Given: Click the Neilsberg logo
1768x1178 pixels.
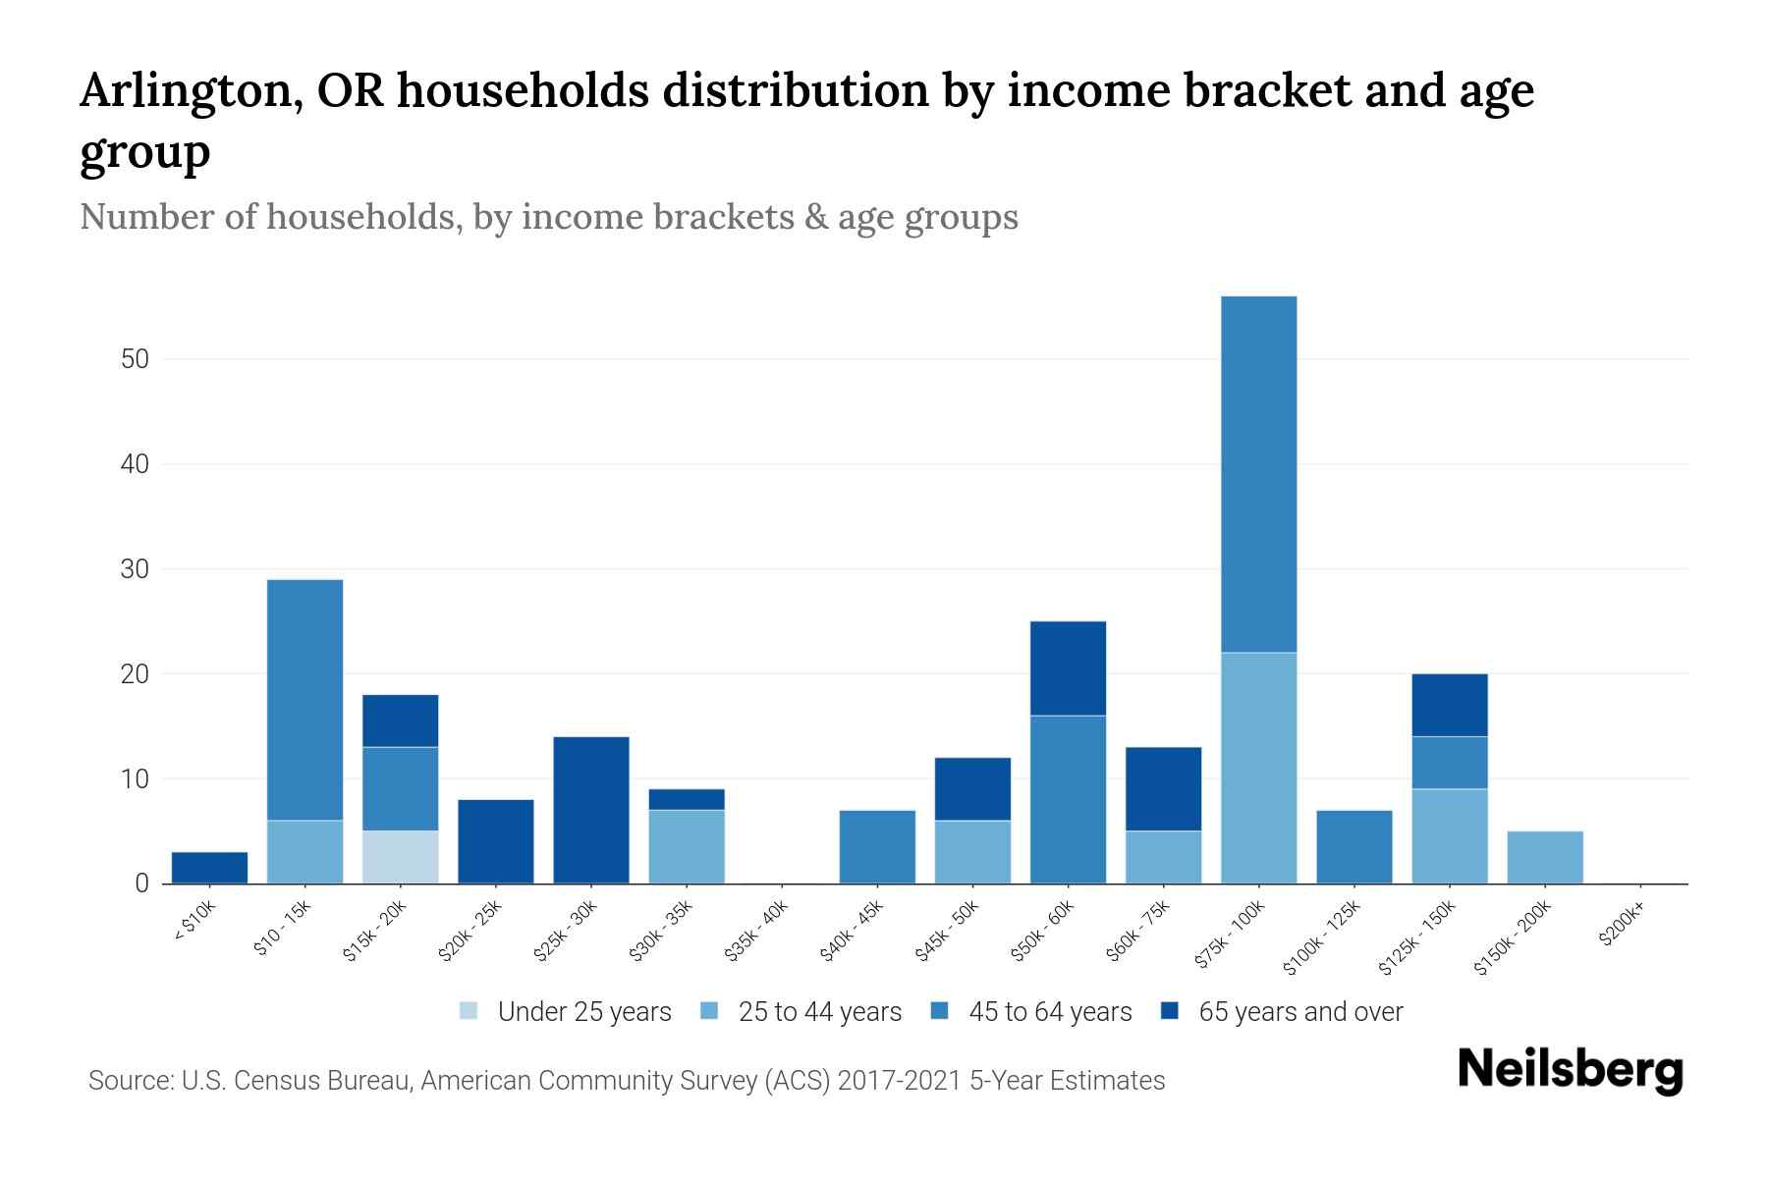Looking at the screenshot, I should [1570, 1070].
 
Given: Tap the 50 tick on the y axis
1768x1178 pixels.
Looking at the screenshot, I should [136, 359].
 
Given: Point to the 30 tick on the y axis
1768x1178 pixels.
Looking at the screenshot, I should [136, 569].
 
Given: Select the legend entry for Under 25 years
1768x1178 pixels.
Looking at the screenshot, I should [583, 1012].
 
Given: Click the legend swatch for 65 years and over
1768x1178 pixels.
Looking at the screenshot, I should [1169, 1011].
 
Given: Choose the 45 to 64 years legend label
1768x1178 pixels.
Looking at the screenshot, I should [1050, 1012].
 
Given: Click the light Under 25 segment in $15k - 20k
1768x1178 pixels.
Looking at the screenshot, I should [401, 857].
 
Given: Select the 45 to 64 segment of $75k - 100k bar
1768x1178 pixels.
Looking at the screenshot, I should [1258, 474].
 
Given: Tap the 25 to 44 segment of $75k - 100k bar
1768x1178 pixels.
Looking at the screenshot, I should [1258, 768].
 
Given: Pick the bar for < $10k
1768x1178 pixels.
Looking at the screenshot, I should [209, 868].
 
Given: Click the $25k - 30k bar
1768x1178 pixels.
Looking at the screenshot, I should [591, 810].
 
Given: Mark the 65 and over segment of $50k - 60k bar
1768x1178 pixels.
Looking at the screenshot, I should [1068, 669].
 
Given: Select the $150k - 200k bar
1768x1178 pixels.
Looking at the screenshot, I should [1545, 857].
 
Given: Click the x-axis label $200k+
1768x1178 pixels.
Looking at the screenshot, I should [1622, 927].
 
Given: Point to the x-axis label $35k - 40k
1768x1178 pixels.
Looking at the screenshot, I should [756, 937].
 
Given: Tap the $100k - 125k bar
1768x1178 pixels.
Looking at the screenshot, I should [1354, 846].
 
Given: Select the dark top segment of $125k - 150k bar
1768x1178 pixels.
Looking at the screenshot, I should [1449, 705].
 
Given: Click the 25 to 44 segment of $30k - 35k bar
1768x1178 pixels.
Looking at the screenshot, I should [687, 846].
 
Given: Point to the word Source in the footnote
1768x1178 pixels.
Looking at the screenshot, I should [129, 1081].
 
